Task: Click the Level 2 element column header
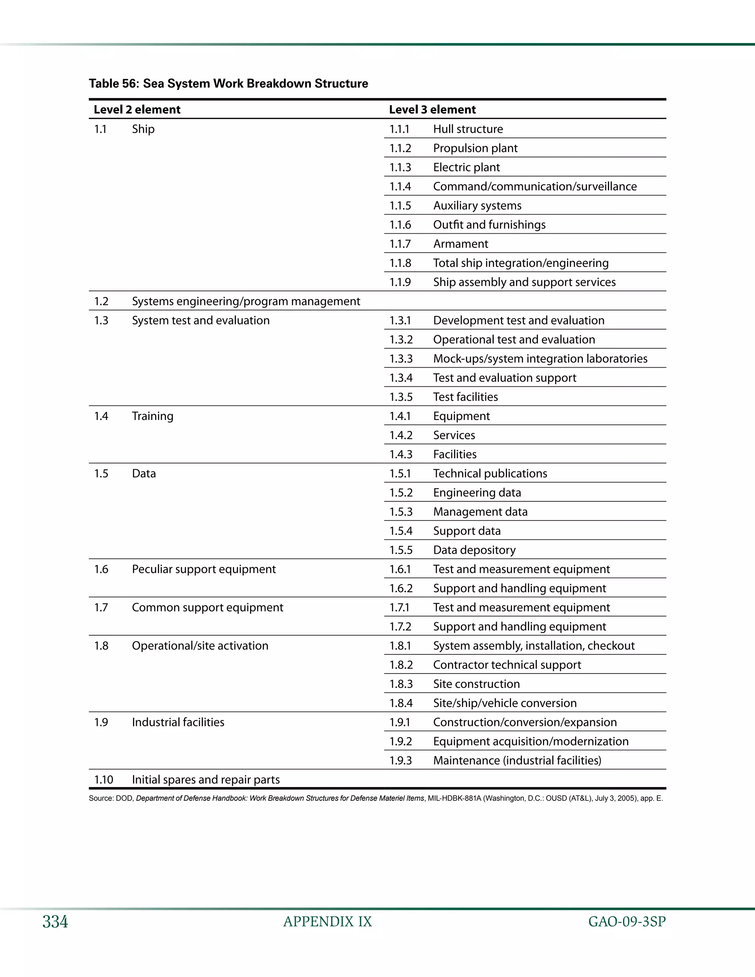coord(137,109)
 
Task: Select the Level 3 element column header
coord(432,109)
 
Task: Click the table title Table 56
coord(228,84)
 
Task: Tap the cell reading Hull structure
coord(468,129)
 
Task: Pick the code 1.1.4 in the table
coord(400,187)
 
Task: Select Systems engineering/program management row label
coord(246,302)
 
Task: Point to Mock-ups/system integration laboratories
coord(540,359)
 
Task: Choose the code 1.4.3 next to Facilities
coord(401,455)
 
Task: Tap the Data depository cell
coord(474,550)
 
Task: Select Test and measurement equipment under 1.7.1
coord(521,608)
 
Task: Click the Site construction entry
coord(476,684)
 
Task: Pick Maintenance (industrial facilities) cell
coord(517,761)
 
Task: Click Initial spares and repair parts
coord(206,780)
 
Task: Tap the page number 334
coord(55,922)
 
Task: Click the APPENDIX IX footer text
coord(327,922)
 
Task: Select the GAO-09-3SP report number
coord(627,922)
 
